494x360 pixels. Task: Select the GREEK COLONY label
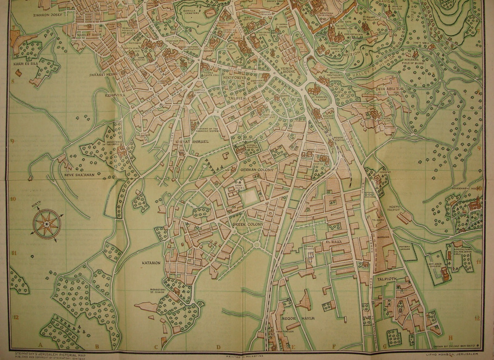(248, 224)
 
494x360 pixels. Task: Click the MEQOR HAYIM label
(298, 318)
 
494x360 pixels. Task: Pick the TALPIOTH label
(387, 279)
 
